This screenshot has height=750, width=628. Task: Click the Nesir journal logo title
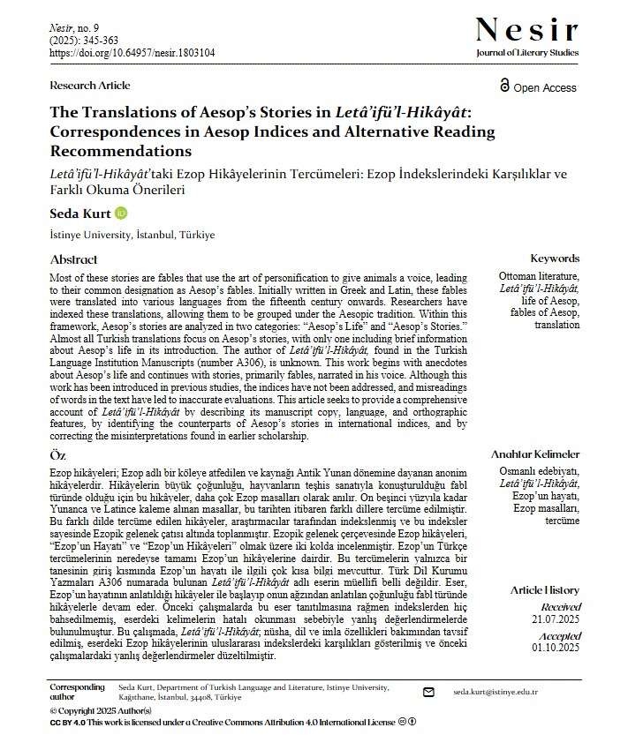[x=526, y=30]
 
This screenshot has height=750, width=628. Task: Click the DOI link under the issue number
[x=132, y=53]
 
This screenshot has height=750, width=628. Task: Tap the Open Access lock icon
[x=504, y=86]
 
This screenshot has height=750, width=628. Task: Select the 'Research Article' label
[x=90, y=86]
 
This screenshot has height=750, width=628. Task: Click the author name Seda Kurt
[x=80, y=214]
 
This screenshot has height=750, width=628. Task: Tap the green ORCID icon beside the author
[x=122, y=214]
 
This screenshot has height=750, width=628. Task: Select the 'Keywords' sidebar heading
[x=555, y=259]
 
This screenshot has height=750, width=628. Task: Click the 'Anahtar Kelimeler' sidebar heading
[x=535, y=454]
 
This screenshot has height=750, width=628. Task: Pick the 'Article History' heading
[x=545, y=589]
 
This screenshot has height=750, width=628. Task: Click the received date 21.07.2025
[x=556, y=620]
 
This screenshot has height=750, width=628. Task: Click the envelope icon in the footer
[x=429, y=693]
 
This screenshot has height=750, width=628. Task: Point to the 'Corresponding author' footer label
[x=71, y=692]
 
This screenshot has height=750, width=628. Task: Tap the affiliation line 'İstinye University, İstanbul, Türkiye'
[x=132, y=236]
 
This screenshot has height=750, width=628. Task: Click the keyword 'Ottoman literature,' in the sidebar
[x=540, y=276]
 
